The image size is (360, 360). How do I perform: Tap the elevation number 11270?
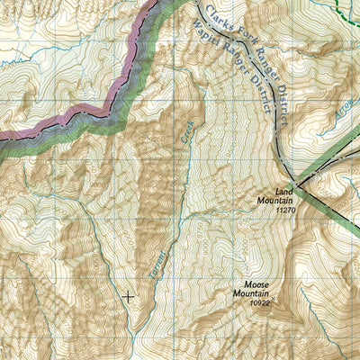click(x=286, y=210)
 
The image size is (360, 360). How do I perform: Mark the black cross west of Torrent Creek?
click(x=128, y=295)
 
